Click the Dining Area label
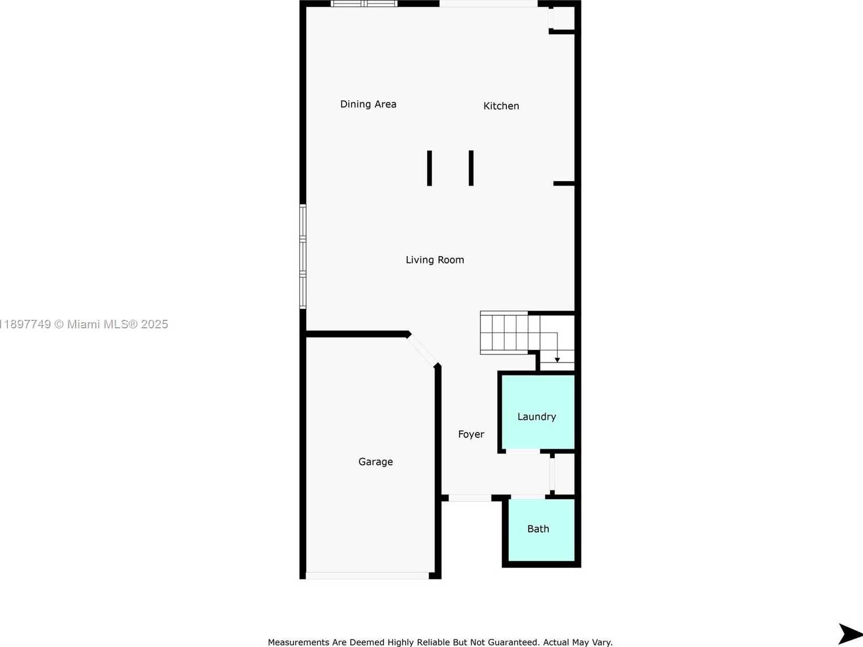point(368,104)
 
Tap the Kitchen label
point(501,106)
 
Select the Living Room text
point(435,259)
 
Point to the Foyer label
point(471,434)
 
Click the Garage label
point(375,461)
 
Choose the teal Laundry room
point(538,412)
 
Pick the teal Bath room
point(542,530)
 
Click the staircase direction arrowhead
point(557,360)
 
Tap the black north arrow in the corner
point(850,634)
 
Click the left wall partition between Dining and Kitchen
point(430,168)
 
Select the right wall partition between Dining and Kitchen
point(471,168)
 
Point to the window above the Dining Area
point(364,3)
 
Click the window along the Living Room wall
point(303,257)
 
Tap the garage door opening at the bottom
point(368,576)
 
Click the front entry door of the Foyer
point(470,498)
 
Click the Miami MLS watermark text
point(84,324)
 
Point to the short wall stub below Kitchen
point(564,184)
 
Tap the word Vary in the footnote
point(602,642)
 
